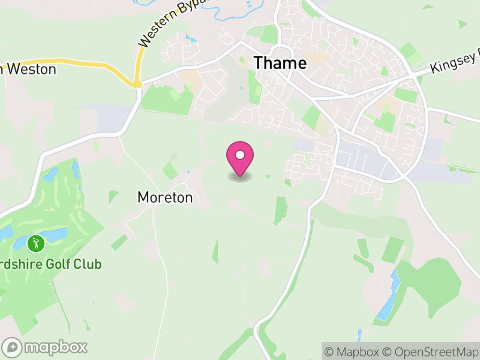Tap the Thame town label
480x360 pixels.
tap(280, 62)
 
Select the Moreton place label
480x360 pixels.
tap(165, 197)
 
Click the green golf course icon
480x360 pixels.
tap(36, 244)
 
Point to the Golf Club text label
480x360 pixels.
tap(50, 264)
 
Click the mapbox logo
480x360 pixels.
tap(46, 347)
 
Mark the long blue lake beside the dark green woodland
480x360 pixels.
tap(387, 297)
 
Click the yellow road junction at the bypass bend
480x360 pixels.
tap(137, 83)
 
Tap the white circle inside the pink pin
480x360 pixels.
tap(240, 155)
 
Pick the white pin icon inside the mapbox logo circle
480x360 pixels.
tap(12, 347)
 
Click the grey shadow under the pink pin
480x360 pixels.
tap(240, 177)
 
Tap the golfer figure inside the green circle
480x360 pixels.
tap(36, 244)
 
